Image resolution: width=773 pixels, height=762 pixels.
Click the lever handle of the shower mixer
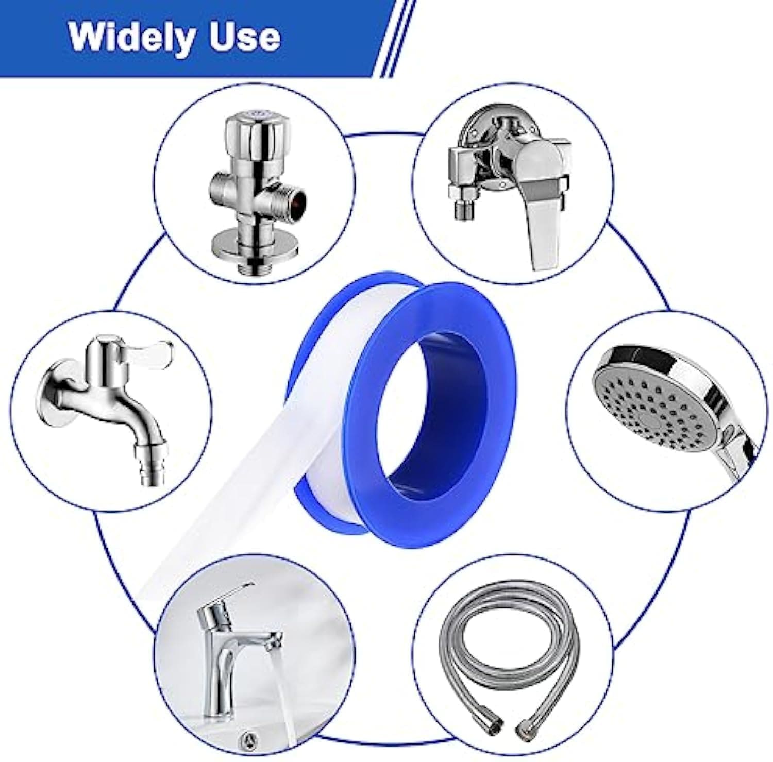click(546, 206)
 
